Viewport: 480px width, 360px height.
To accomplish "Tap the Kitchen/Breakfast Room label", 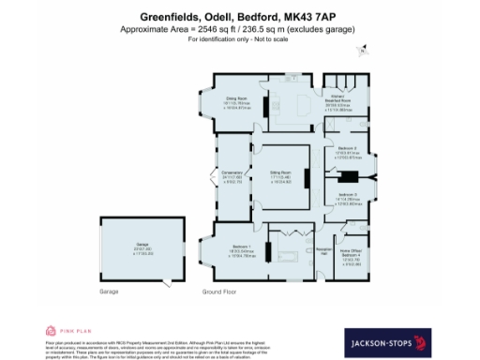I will tap(338, 99).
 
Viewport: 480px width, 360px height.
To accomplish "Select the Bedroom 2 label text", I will tap(348, 148).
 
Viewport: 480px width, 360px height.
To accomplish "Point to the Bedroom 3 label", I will tap(348, 195).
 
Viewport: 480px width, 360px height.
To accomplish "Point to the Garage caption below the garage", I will tap(110, 292).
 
